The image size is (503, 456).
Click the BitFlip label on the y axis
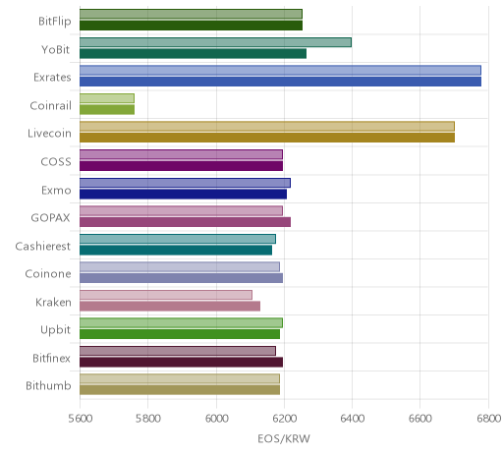coord(55,21)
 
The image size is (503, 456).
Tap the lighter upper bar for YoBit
coord(215,42)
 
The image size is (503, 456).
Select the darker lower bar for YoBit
coord(193,54)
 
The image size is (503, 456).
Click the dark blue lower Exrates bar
coord(280,82)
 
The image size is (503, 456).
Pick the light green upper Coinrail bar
coord(107,98)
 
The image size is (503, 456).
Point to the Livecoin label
coord(49,134)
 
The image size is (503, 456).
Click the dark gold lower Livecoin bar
coord(267,138)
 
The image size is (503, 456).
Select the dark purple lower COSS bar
coord(181,166)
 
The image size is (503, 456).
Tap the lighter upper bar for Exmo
coord(185,183)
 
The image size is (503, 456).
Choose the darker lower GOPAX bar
coord(185,222)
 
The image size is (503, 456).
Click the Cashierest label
coord(43,246)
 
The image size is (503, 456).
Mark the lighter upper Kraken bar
coord(166,295)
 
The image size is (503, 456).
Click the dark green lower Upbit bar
coord(180,334)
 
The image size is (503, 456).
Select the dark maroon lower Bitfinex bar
coord(181,362)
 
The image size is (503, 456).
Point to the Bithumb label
coord(48,385)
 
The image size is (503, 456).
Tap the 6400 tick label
coord(353,419)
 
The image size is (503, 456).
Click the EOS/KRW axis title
coord(284,438)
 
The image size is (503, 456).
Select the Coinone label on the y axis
coord(48,273)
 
